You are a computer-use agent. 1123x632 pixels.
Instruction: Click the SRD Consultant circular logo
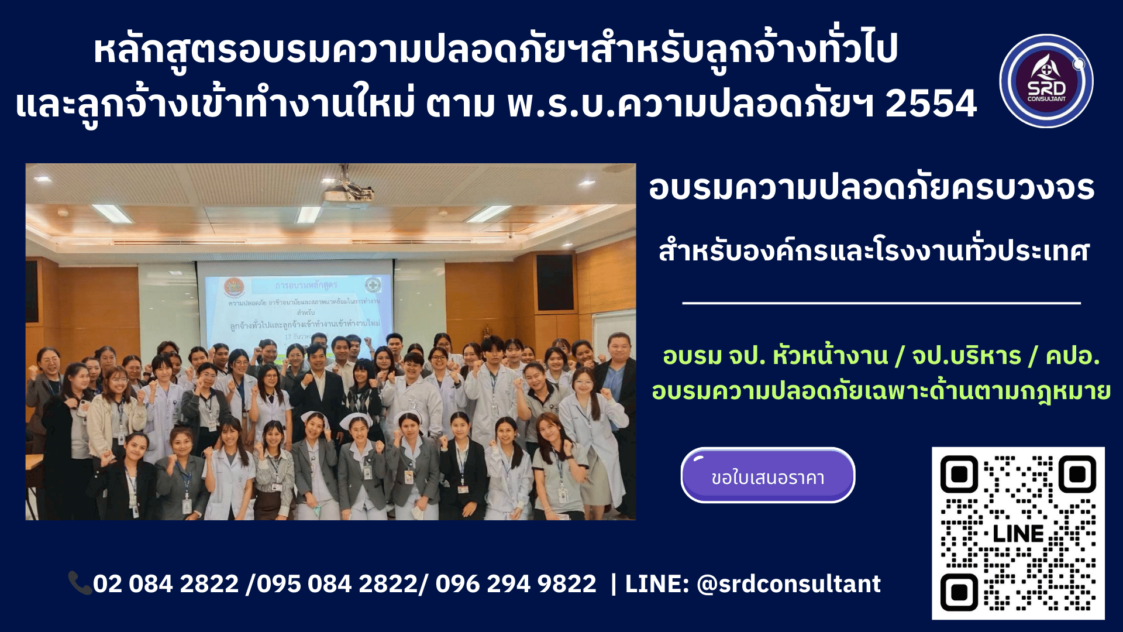click(1046, 81)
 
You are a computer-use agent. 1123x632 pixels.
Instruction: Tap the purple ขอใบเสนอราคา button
click(767, 476)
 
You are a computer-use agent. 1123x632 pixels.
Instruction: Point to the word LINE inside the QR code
click(1018, 534)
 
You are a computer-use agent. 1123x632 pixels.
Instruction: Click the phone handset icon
click(80, 583)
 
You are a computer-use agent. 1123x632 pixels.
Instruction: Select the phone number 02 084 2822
click(166, 584)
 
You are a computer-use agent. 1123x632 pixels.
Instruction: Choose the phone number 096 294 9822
click(516, 584)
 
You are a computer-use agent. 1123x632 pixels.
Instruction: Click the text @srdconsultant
click(788, 584)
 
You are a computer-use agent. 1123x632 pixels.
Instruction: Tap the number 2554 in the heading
click(931, 104)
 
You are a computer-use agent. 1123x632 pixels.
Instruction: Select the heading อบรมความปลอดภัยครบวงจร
click(871, 188)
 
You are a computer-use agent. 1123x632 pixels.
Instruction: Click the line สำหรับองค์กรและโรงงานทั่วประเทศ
click(874, 252)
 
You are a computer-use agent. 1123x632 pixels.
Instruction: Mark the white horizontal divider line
click(881, 303)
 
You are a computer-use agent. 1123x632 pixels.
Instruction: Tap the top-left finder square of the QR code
click(959, 474)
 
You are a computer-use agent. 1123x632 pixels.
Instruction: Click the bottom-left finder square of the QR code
click(959, 592)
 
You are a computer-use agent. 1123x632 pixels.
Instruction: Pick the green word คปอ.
click(1073, 356)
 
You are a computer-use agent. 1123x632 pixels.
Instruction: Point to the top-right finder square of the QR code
click(1077, 474)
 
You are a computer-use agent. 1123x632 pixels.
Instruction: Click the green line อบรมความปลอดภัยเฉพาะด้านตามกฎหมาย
click(881, 391)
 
